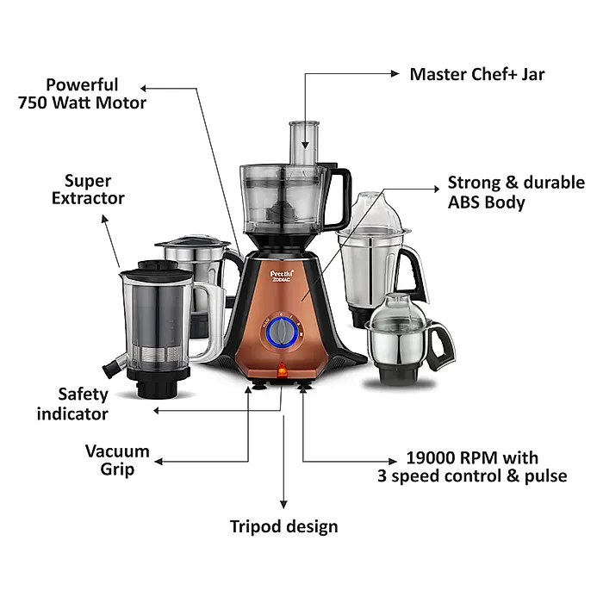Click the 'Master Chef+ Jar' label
click(476, 74)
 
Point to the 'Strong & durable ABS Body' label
click(515, 193)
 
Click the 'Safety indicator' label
click(72, 404)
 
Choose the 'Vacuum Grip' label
click(117, 460)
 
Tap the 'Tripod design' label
click(283, 525)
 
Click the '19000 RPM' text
click(442, 458)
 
